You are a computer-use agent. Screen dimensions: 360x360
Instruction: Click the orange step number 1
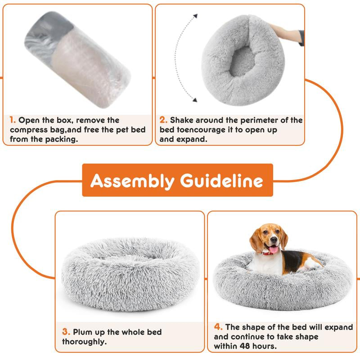point(12,120)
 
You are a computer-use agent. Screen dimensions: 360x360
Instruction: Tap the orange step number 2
point(163,120)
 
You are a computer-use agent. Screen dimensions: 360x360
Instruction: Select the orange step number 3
point(66,332)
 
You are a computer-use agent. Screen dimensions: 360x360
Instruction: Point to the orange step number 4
point(218,327)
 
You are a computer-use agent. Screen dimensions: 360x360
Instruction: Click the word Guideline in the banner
point(221,181)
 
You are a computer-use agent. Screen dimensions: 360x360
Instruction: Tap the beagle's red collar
point(268,253)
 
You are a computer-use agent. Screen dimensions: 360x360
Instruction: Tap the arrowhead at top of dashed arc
point(195,16)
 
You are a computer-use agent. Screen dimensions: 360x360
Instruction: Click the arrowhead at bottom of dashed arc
point(195,100)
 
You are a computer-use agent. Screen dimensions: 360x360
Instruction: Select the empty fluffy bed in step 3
point(130,270)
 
